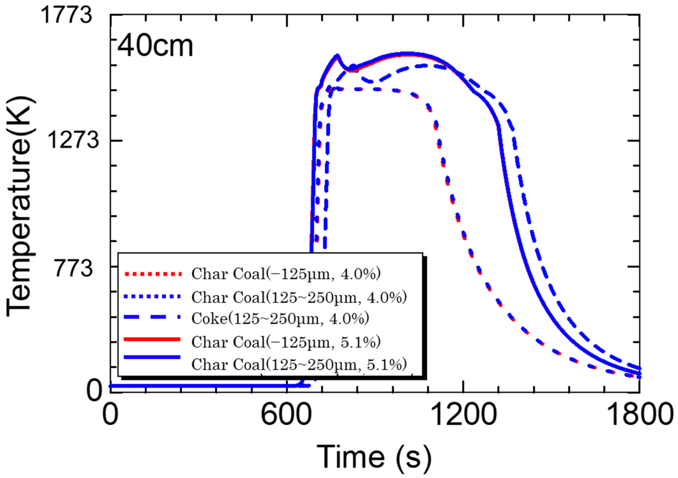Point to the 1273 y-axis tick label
(73, 140)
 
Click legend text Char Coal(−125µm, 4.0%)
(286, 274)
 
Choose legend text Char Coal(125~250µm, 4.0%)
(299, 297)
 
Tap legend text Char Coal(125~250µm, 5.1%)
(299, 364)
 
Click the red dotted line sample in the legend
(153, 274)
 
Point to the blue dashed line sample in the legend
(153, 318)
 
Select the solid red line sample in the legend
(153, 339)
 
